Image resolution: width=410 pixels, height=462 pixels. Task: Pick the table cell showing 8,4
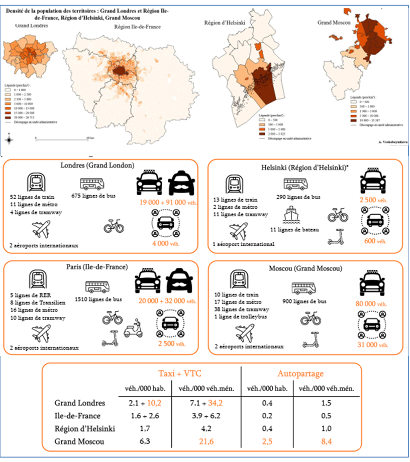pyautogui.click(x=326, y=442)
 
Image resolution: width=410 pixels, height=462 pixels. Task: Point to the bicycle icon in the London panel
pyautogui.click(x=114, y=227)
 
